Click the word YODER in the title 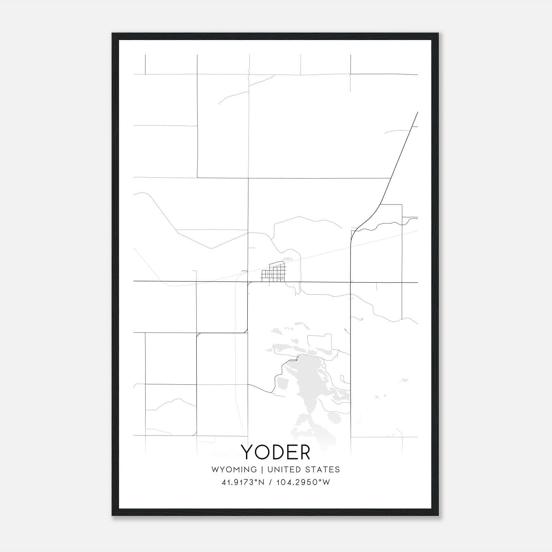click(276, 452)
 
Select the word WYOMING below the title click(234, 469)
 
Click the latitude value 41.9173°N click(243, 482)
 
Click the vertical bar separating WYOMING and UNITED click(262, 469)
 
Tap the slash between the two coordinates click(271, 482)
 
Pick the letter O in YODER click(262, 452)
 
